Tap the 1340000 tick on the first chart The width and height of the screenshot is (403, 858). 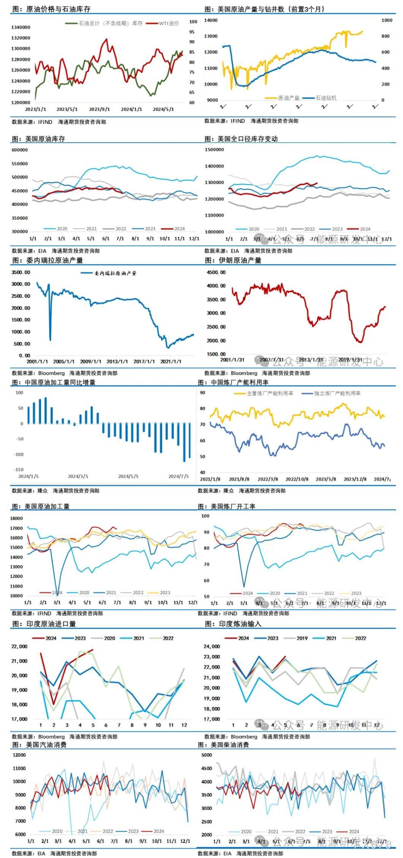click(x=21, y=27)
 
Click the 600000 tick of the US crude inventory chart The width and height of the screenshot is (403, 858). click(x=20, y=150)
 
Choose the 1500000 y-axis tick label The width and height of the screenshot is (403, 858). click(x=215, y=150)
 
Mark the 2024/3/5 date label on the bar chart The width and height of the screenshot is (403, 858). click(x=78, y=476)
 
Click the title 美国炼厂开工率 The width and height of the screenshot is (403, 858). click(x=233, y=506)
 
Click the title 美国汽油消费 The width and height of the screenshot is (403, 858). click(x=46, y=745)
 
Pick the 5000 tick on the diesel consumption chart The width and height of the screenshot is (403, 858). click(x=207, y=755)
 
